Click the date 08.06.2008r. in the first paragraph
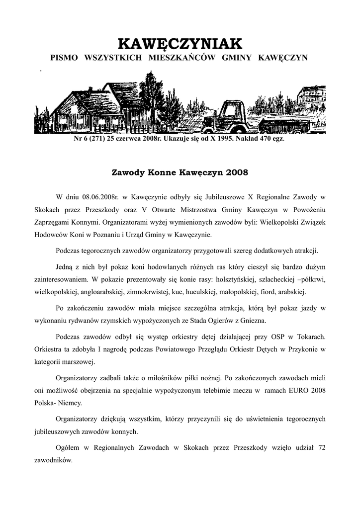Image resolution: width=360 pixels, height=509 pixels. (x=98, y=197)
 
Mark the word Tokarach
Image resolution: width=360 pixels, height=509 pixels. (x=308, y=336)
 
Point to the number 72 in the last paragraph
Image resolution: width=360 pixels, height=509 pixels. (x=321, y=448)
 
